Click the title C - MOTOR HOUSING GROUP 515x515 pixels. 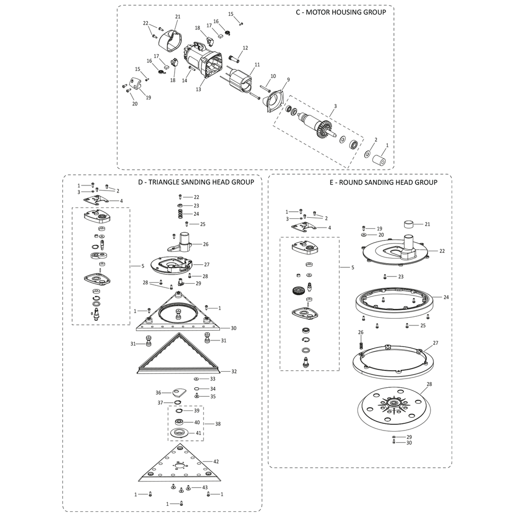tap(341, 12)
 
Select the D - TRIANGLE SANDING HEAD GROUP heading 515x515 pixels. tap(196, 182)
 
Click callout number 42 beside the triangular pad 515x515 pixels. tap(216, 461)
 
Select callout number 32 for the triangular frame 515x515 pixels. tap(234, 371)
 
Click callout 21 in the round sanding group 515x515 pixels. tap(427, 224)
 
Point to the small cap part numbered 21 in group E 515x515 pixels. tap(410, 224)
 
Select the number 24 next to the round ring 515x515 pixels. tap(446, 297)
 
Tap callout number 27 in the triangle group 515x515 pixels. tap(207, 265)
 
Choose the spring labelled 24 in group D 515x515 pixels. tap(181, 213)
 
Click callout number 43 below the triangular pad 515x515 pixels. tap(205, 487)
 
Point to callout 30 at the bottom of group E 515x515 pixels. tap(409, 443)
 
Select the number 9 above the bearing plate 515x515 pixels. tap(288, 79)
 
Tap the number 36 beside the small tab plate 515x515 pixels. tap(159, 392)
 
